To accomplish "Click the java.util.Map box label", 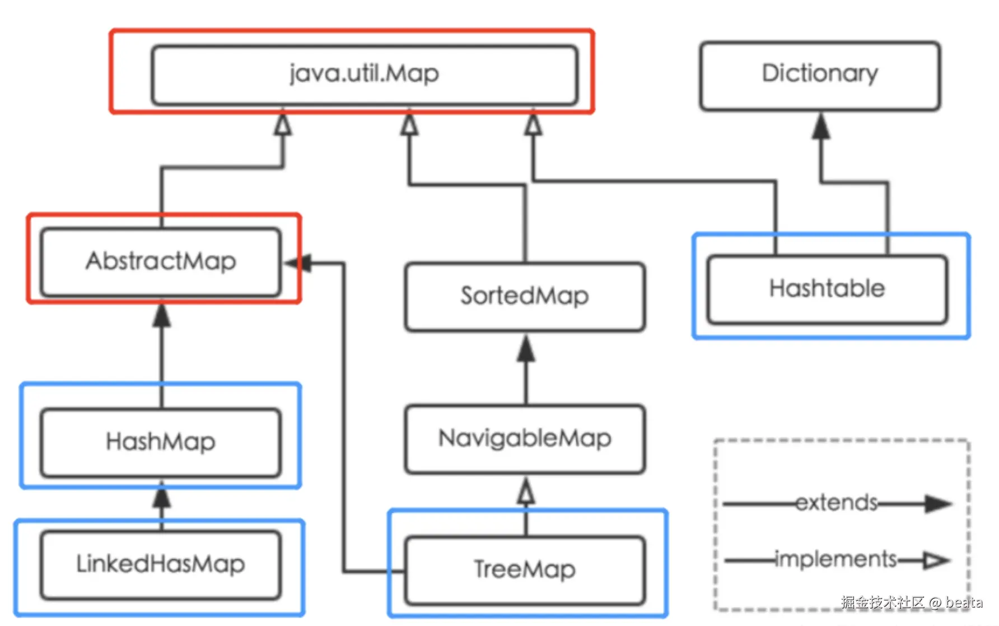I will (x=364, y=73).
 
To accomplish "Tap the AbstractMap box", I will (x=161, y=261).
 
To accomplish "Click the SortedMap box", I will (x=525, y=296).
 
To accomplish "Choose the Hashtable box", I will (x=827, y=289).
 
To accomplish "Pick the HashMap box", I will (x=161, y=442).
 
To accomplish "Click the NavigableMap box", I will (x=525, y=438).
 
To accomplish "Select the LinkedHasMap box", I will (x=161, y=564).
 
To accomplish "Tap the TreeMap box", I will (x=525, y=570).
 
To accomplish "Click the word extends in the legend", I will (x=837, y=503).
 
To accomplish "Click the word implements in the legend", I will (x=836, y=559).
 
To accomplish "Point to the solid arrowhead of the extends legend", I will (x=938, y=503).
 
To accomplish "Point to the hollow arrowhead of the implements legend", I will (x=936, y=560).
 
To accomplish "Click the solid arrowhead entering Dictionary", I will (x=821, y=127).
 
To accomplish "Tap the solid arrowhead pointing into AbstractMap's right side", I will (x=298, y=263).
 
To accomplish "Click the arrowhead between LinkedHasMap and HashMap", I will (x=162, y=496).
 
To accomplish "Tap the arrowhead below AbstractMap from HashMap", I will (x=162, y=316).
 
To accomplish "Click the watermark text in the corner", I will (x=912, y=602).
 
